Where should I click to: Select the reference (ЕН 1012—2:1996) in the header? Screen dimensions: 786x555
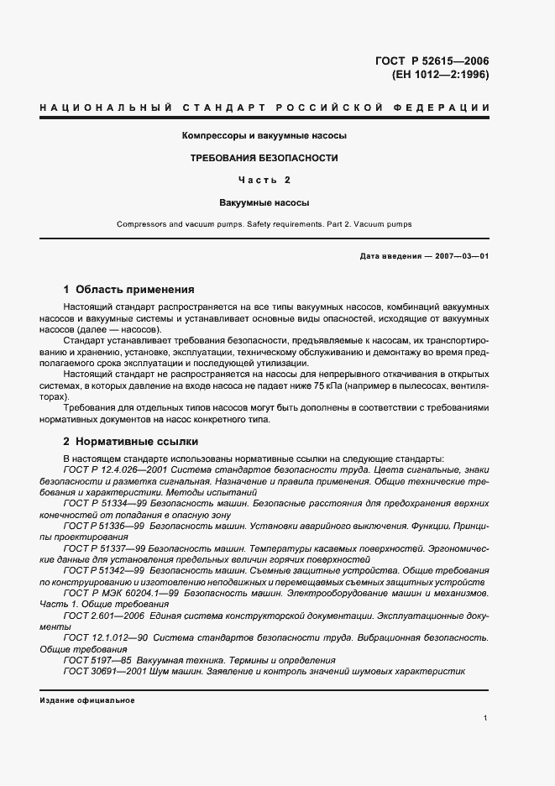click(440, 74)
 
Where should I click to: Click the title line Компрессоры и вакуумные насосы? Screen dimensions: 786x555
click(264, 135)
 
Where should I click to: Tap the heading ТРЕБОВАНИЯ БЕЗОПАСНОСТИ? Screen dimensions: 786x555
click(264, 157)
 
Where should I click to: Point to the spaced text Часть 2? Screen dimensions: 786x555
click(264, 180)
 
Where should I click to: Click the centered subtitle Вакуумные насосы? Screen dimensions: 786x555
click(264, 202)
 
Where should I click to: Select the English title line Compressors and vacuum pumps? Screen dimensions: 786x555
click(264, 224)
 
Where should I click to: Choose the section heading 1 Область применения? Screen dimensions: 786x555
click(128, 288)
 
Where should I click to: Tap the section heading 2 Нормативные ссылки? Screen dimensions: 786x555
click(131, 440)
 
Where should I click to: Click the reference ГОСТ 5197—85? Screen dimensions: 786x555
click(88, 660)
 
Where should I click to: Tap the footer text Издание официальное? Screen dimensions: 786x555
click(86, 700)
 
